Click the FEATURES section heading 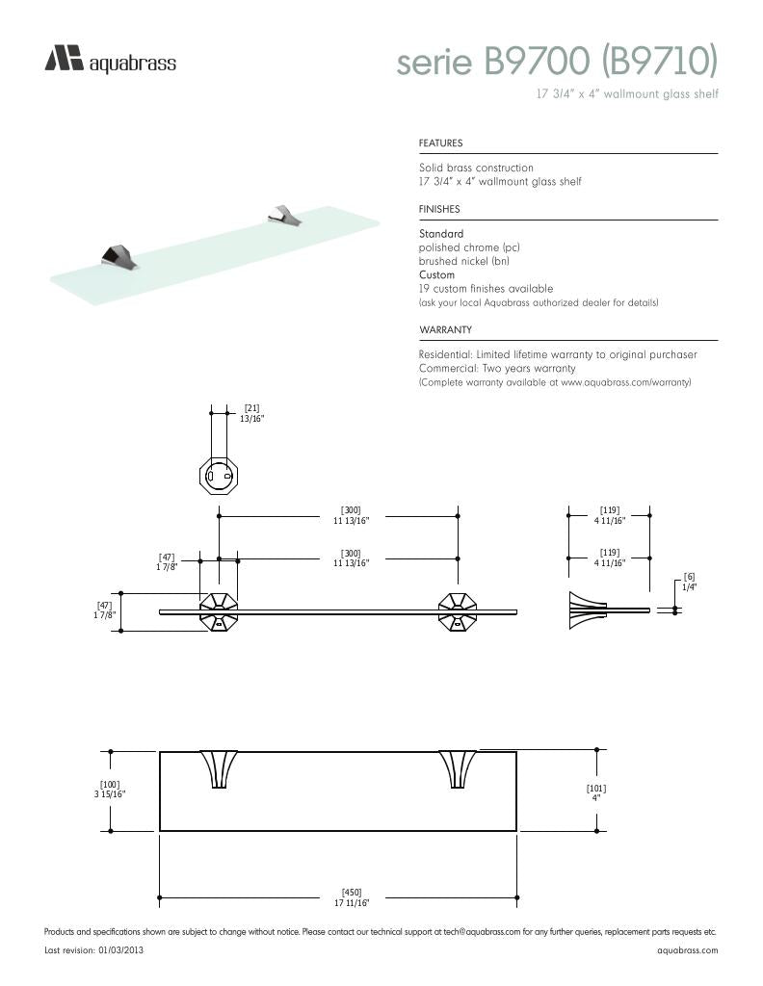(440, 143)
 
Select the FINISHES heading (438, 209)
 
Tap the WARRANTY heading (444, 330)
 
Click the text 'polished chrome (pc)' (469, 247)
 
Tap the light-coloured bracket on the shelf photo (285, 216)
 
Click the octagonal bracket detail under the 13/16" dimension (218, 474)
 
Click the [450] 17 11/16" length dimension (352, 897)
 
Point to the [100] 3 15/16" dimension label (110, 790)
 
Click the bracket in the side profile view (584, 610)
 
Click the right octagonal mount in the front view (458, 611)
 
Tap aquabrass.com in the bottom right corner (687, 950)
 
